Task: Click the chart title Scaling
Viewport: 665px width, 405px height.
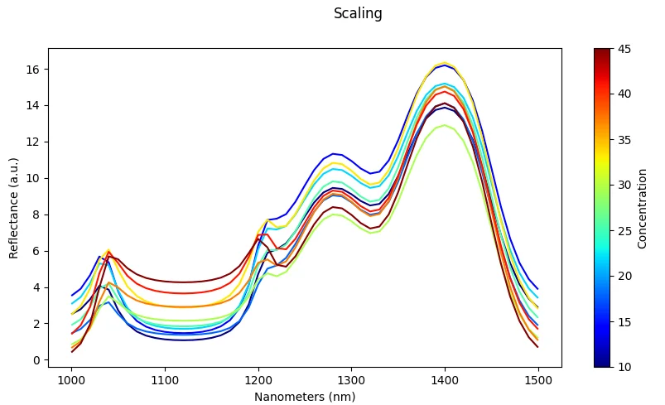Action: [x=358, y=13]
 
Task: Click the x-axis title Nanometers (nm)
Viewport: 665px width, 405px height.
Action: [x=305, y=397]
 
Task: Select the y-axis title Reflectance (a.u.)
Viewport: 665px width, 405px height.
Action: [x=14, y=206]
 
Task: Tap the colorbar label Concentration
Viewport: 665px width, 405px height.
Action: [x=643, y=207]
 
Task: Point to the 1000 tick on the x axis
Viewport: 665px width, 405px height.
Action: [x=72, y=379]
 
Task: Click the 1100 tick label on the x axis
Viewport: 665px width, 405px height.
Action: [x=165, y=379]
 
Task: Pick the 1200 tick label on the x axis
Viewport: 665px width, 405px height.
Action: [x=258, y=379]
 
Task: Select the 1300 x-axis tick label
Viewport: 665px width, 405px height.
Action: [x=351, y=379]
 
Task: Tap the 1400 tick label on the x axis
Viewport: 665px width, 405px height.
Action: [x=445, y=379]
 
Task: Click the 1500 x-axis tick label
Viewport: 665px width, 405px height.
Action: [x=537, y=379]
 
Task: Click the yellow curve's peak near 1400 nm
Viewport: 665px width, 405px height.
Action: [x=445, y=62]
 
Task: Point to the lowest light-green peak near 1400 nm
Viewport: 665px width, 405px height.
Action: [x=445, y=125]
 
